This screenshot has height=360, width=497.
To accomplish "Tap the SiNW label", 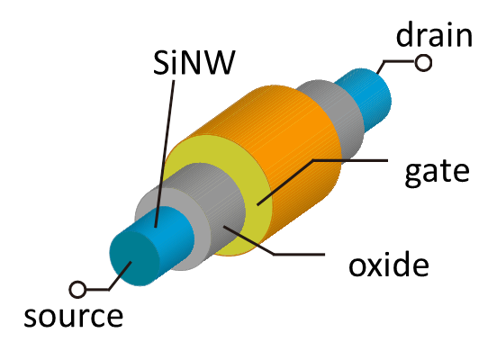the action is coord(194,62).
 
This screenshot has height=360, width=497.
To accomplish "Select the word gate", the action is coord(437,173).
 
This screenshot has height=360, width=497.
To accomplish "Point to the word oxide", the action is coord(389,263).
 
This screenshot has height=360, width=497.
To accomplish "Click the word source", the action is coord(74,317).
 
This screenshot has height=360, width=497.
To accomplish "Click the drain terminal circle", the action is coord(423,63).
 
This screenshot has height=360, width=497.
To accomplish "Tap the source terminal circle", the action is coord(77,289).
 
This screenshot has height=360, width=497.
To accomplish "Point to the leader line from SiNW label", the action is coord(165,154).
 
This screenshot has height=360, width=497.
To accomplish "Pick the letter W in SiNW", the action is coord(220,62).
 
